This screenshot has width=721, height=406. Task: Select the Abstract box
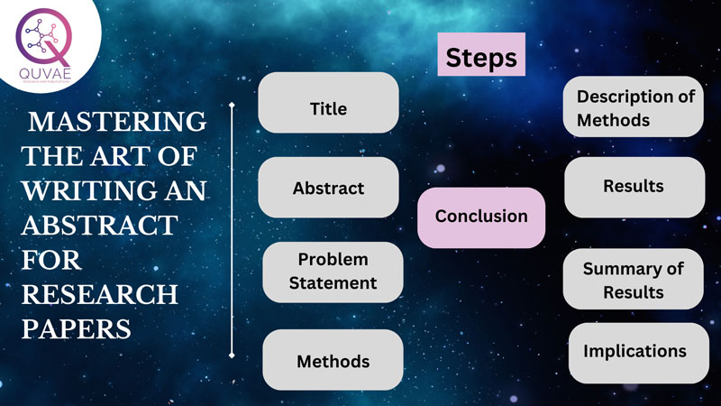[x=328, y=188]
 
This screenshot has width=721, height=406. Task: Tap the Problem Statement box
[x=333, y=272]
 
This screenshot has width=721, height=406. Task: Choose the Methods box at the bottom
[x=333, y=360]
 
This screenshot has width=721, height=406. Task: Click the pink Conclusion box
[x=481, y=217]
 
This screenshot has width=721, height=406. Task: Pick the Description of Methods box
[x=634, y=107]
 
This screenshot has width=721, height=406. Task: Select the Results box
[x=634, y=187]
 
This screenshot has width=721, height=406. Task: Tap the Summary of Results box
[x=634, y=280]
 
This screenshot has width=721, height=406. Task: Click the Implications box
[x=634, y=351]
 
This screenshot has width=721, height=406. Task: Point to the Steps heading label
[x=482, y=58]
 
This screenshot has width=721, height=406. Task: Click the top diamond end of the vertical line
[x=233, y=105]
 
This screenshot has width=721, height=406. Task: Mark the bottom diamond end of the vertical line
[x=233, y=355]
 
